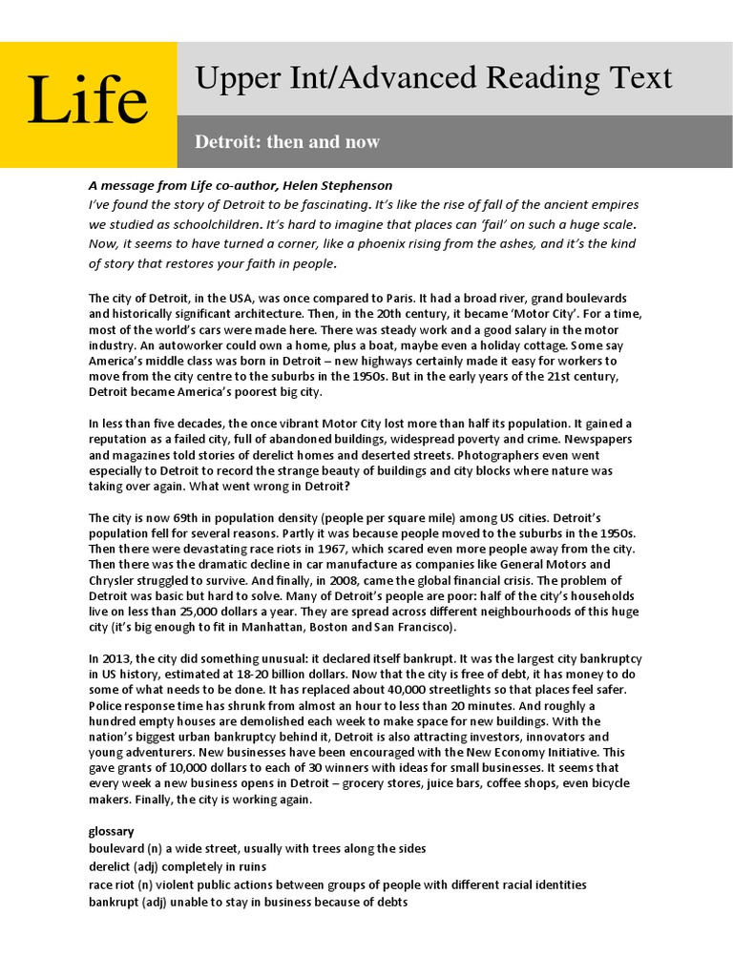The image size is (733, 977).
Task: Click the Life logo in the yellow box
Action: tap(88, 101)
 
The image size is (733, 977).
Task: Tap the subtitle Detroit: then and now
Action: tap(287, 142)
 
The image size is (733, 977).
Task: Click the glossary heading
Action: tap(112, 830)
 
